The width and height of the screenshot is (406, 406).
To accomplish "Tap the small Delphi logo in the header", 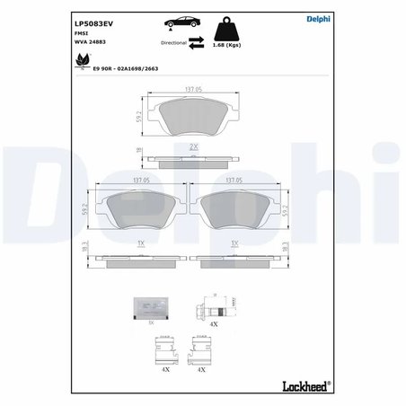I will click(321, 20).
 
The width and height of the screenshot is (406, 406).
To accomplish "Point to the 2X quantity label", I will click(192, 147).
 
